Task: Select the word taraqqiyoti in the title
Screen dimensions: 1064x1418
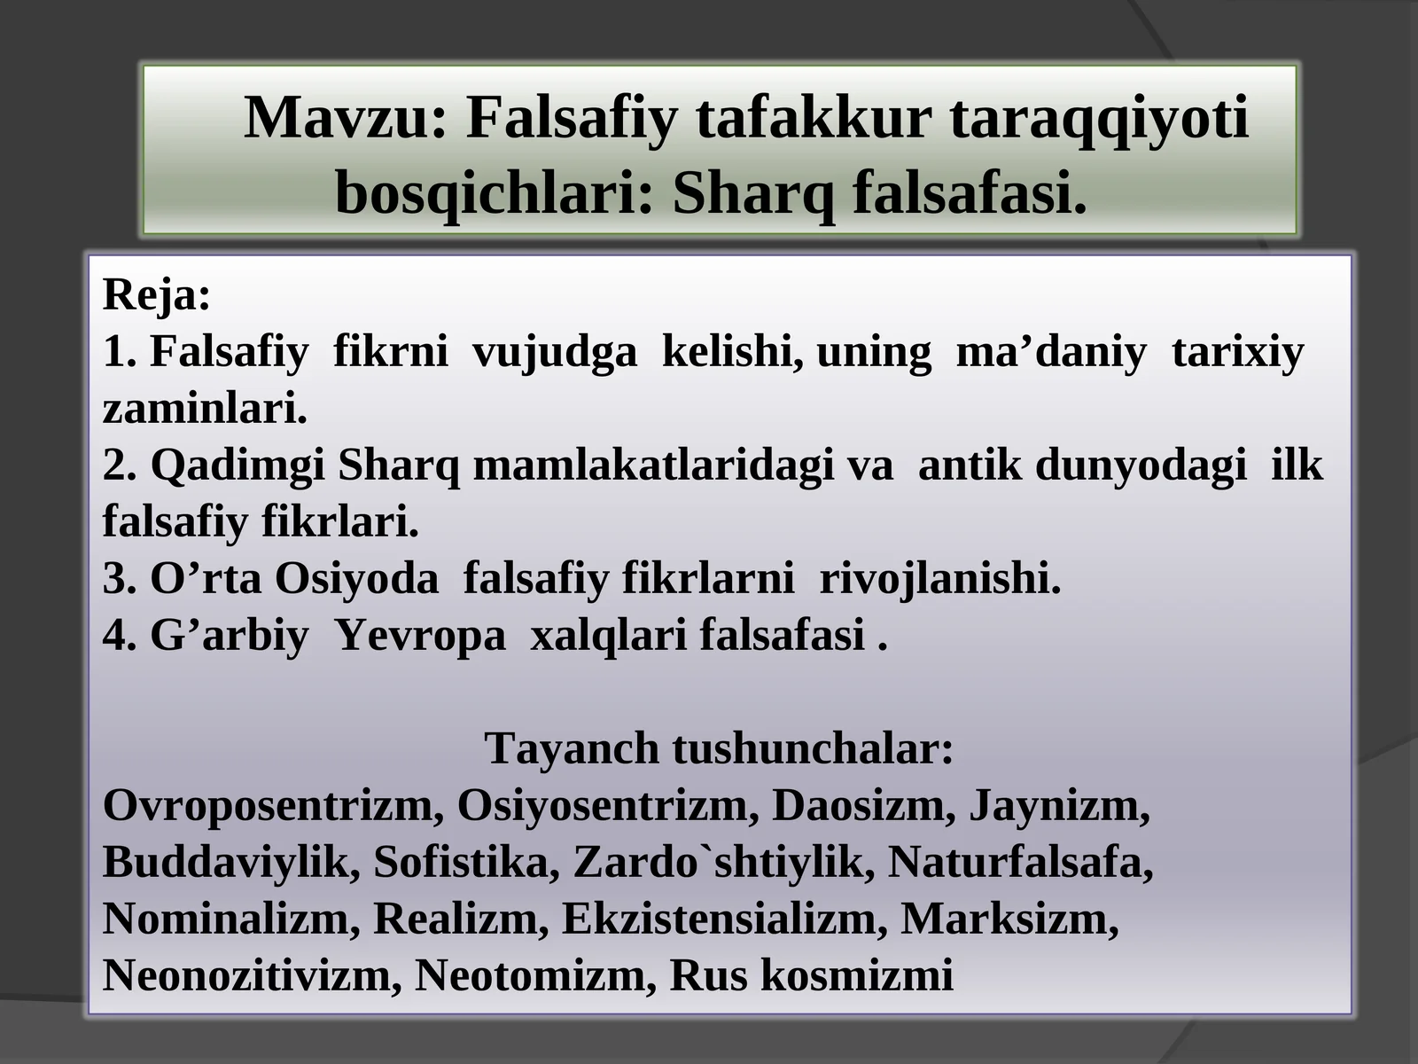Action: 1099,118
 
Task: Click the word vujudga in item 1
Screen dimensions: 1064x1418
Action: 555,352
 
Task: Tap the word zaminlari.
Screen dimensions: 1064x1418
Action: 205,409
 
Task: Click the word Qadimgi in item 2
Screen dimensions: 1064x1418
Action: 238,465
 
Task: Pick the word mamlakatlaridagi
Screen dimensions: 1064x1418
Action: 653,465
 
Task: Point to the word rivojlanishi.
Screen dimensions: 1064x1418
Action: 939,579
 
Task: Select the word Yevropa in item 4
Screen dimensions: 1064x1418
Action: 420,636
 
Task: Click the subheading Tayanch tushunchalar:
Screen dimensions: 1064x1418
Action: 719,749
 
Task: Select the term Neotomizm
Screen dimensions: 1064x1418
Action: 534,976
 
